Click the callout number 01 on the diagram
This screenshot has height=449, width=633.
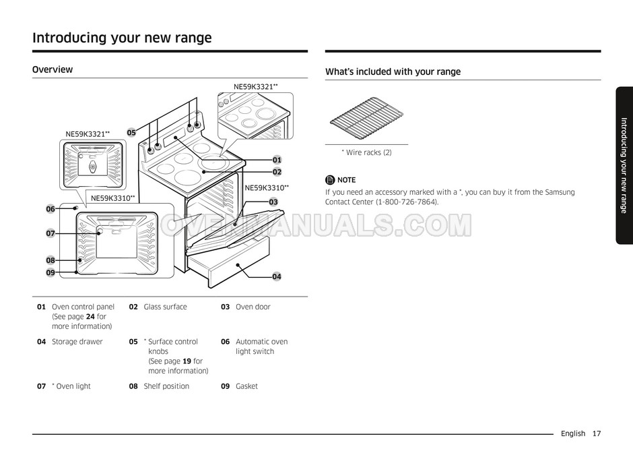pyautogui.click(x=277, y=160)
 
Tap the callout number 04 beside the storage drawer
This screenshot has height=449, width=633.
pyautogui.click(x=277, y=276)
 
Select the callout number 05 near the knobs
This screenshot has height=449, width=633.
pyautogui.click(x=131, y=133)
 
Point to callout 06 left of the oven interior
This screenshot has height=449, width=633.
pyautogui.click(x=51, y=209)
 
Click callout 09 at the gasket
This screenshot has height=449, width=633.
pyautogui.click(x=51, y=272)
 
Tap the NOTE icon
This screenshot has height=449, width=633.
pyautogui.click(x=330, y=180)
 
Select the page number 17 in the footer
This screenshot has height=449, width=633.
pyautogui.click(x=597, y=433)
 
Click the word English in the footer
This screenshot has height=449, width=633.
pyautogui.click(x=572, y=433)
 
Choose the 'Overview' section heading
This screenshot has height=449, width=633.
pyautogui.click(x=53, y=69)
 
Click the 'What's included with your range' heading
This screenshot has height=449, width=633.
pyautogui.click(x=393, y=71)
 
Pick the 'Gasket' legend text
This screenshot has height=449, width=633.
pyautogui.click(x=246, y=386)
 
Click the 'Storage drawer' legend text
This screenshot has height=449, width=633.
pyautogui.click(x=77, y=342)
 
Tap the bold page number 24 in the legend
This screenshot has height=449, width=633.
pyautogui.click(x=90, y=316)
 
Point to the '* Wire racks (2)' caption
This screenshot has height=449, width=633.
pyautogui.click(x=366, y=152)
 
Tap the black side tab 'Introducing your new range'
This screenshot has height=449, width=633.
pyautogui.click(x=624, y=165)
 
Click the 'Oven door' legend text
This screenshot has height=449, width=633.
pyautogui.click(x=253, y=307)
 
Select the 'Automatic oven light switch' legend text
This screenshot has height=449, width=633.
pyautogui.click(x=261, y=347)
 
